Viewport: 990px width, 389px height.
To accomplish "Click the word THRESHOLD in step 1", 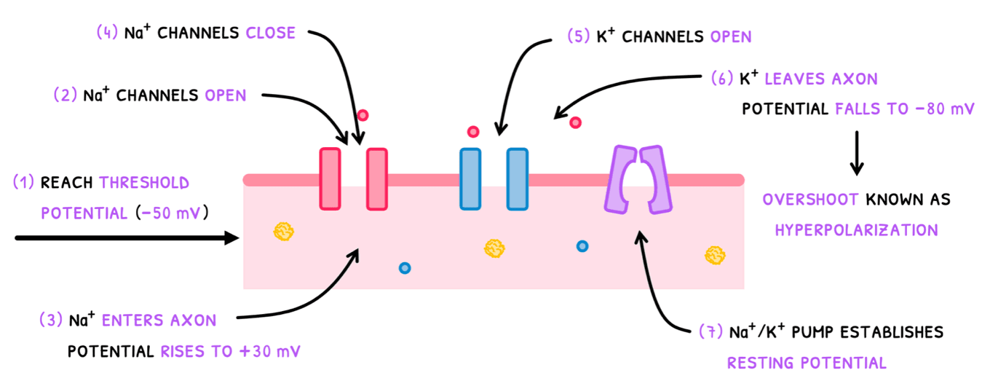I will (144, 183).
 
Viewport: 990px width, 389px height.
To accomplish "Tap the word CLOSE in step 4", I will (271, 33).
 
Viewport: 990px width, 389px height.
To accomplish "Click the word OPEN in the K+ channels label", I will (726, 36).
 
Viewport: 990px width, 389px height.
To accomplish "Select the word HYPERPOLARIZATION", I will (856, 230).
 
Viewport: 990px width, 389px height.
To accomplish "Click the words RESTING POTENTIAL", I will (807, 363).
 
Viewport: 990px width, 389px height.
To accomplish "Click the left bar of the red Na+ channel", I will (330, 178).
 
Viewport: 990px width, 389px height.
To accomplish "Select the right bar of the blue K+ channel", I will (517, 179).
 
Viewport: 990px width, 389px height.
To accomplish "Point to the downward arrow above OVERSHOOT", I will (857, 153).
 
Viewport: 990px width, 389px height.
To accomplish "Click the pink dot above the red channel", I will (363, 115).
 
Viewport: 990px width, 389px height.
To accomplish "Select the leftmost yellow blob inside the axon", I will (283, 232).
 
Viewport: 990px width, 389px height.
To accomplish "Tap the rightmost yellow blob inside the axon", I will (715, 255).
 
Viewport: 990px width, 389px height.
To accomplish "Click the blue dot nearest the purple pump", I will (582, 246).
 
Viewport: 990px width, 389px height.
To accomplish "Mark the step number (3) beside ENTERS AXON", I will (51, 321).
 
